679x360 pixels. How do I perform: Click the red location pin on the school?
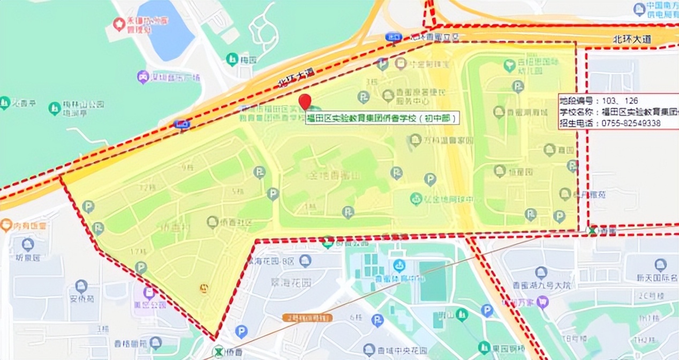tap(305, 100)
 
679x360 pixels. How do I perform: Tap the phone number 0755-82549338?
tap(631, 123)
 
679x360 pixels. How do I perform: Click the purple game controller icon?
tap(143, 77)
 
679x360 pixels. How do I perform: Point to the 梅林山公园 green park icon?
tap(55, 108)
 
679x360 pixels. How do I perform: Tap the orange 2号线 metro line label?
tap(307, 318)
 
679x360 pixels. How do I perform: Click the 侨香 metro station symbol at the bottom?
tap(218, 351)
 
